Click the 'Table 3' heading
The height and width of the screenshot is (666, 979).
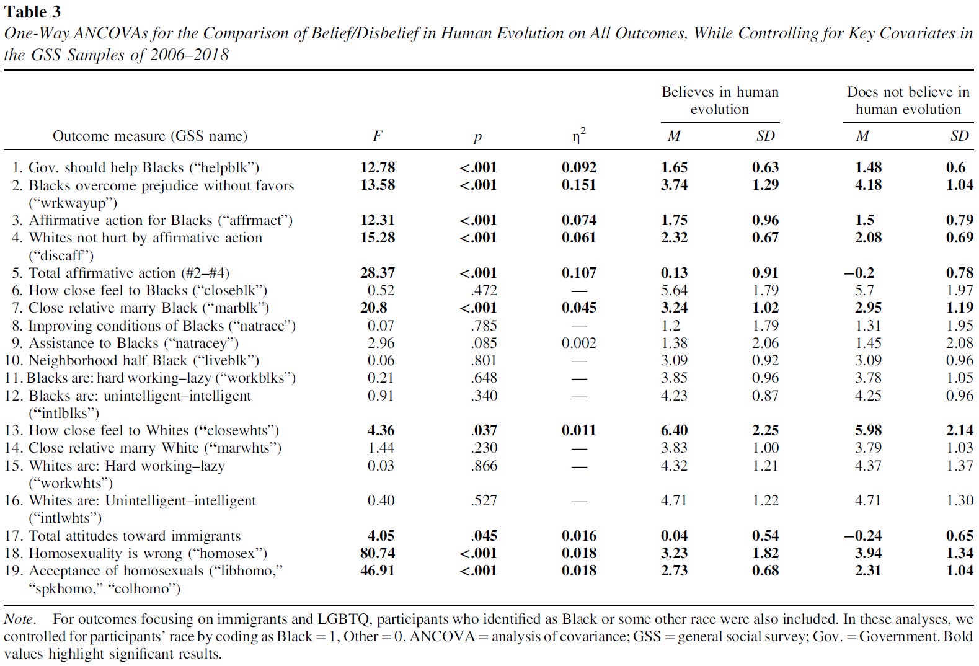[33, 11]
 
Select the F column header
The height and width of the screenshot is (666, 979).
[378, 136]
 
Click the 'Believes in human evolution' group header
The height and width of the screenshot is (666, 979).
[720, 100]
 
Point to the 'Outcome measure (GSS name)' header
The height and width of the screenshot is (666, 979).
[150, 136]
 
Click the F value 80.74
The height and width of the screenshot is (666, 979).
[378, 553]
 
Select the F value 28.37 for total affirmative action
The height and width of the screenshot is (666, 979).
[378, 273]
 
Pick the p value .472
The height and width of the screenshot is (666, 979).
[484, 290]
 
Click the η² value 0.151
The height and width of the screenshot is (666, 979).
[579, 185]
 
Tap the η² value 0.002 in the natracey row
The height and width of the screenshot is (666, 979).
[579, 343]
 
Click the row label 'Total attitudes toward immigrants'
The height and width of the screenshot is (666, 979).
[135, 536]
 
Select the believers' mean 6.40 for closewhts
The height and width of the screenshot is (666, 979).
[674, 430]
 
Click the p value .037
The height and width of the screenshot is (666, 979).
[484, 430]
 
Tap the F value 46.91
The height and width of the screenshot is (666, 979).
[378, 571]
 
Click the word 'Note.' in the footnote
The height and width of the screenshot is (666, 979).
[19, 619]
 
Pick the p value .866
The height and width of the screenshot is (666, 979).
[484, 466]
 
